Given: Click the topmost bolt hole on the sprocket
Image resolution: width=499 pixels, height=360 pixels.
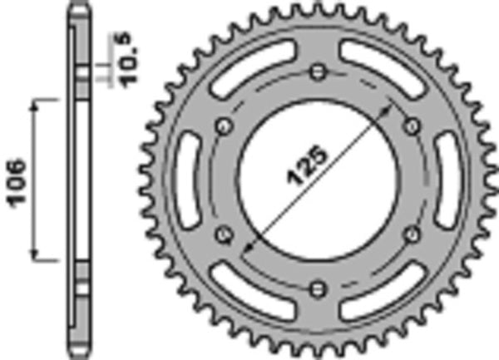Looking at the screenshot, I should (316, 72).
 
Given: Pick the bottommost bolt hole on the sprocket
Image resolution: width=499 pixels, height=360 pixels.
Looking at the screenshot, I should (316, 288).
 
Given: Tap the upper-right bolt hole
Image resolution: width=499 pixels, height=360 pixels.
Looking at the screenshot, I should (410, 125).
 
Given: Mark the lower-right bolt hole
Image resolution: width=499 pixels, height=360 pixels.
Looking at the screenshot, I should (410, 234).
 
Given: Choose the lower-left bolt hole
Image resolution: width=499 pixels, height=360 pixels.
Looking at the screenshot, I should (222, 234).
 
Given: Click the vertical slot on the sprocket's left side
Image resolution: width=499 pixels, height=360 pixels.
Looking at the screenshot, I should (185, 180).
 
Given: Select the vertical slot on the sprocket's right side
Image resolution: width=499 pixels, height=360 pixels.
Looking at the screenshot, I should (447, 180).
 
